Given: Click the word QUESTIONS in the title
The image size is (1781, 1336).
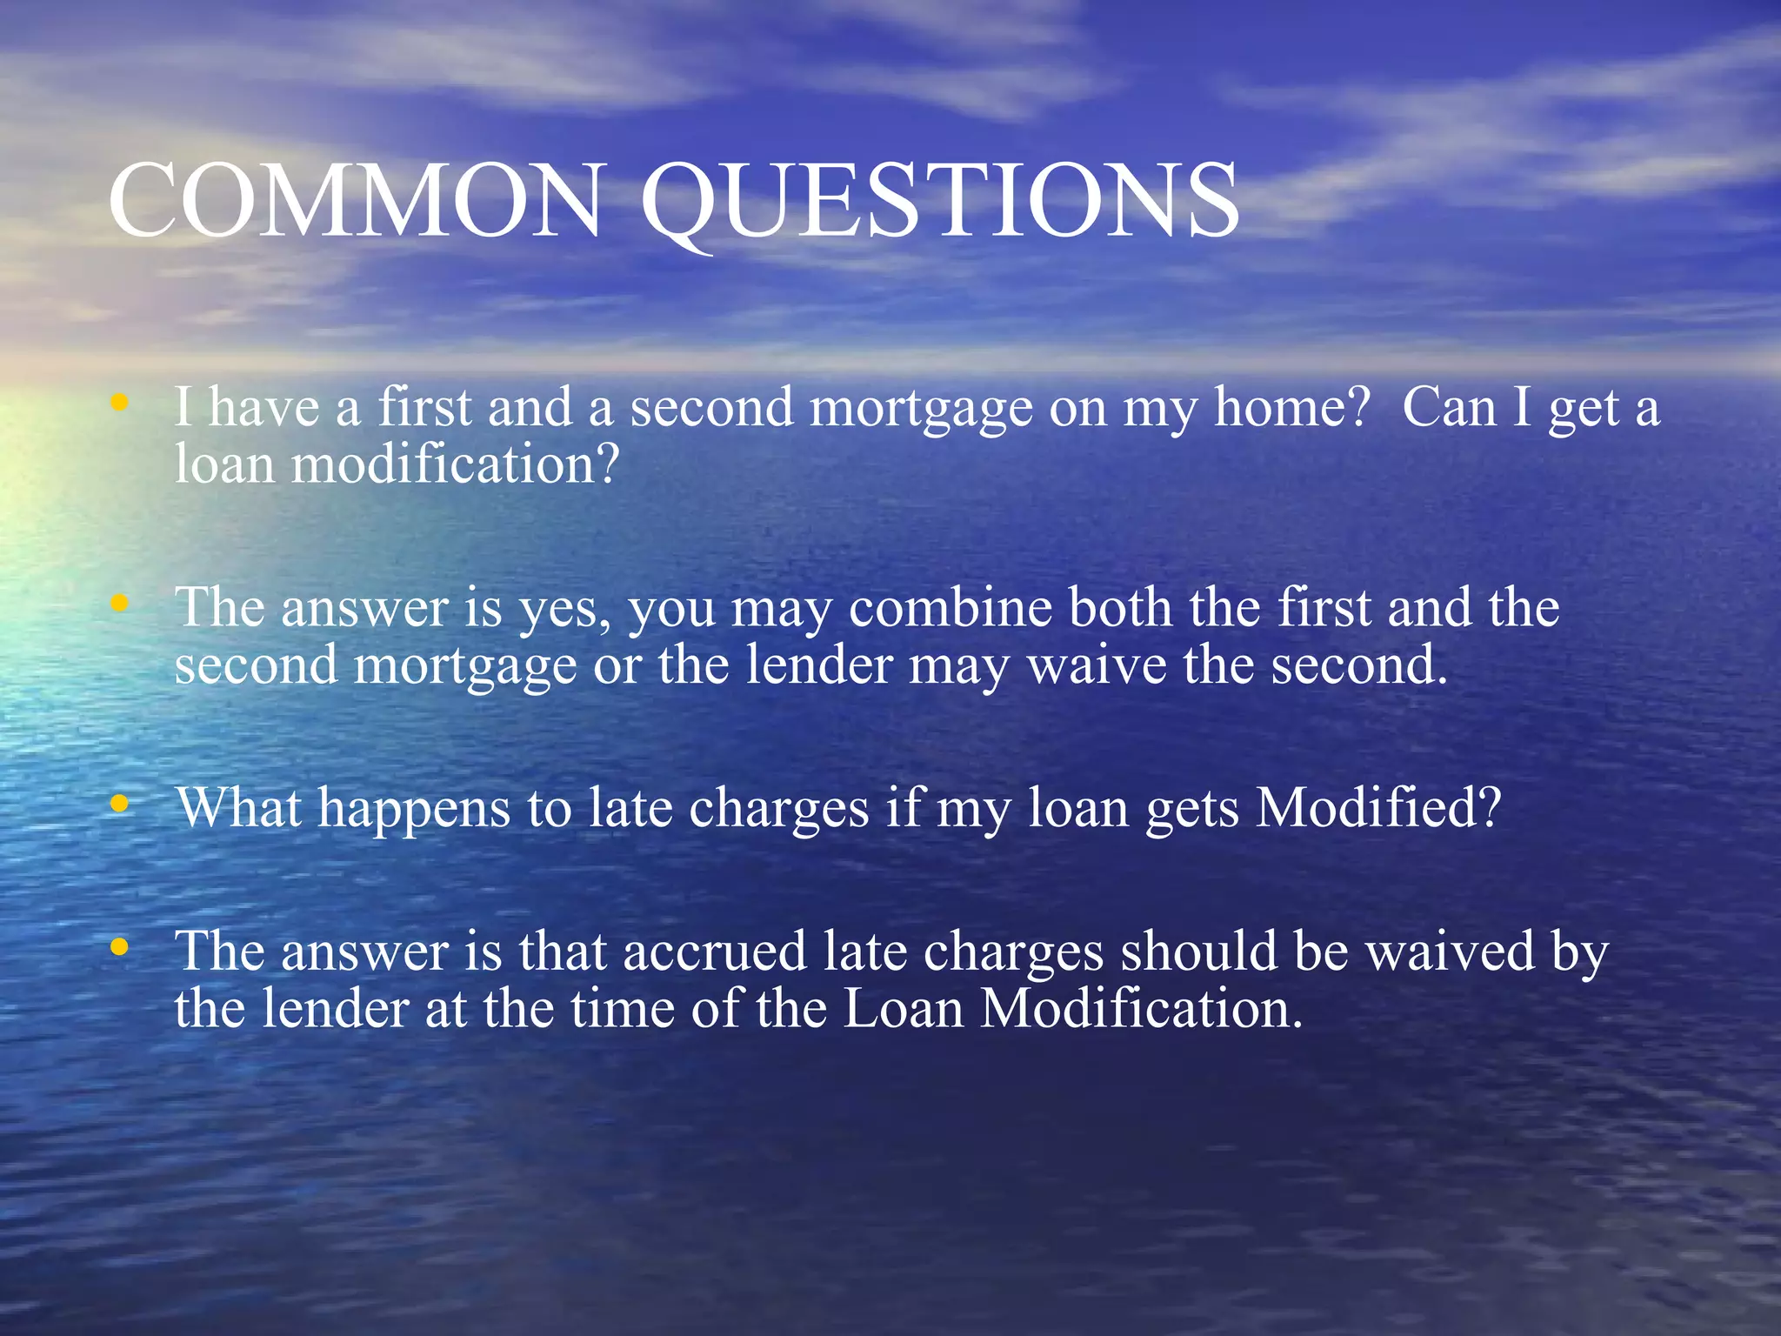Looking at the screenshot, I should pos(939,202).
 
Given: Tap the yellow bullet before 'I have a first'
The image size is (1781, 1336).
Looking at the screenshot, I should pos(120,402).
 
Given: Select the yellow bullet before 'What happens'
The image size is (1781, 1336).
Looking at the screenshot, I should pos(120,804).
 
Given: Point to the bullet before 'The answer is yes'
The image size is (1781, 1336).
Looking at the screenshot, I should pos(120,602).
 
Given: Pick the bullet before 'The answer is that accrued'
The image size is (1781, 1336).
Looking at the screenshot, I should pos(120,946).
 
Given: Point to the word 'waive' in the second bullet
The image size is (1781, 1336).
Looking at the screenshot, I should pos(1096,665).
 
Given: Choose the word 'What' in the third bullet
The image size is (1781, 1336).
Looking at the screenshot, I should pos(238,807).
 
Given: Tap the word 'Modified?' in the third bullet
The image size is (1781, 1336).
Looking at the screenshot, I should pos(1378,807).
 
